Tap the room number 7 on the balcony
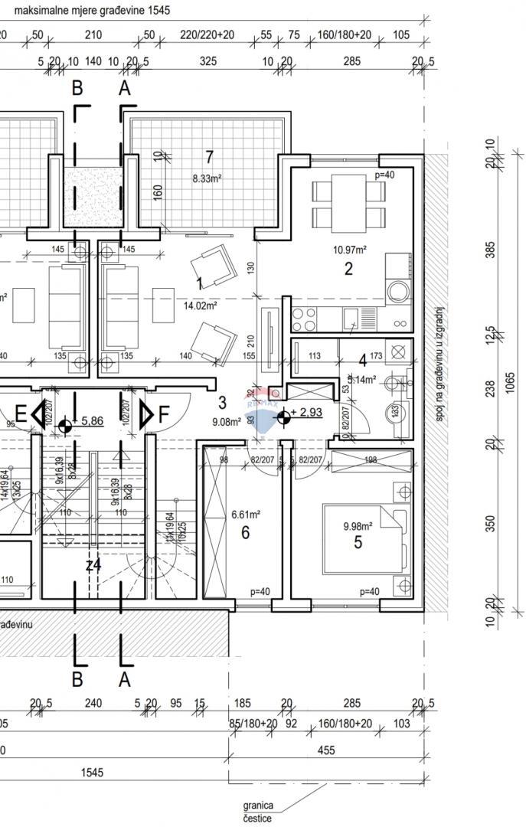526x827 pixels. [x=209, y=158]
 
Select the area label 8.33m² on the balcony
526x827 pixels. [x=207, y=178]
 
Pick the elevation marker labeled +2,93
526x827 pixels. [x=284, y=417]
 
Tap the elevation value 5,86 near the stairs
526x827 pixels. [x=92, y=420]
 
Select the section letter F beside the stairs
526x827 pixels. [x=164, y=414]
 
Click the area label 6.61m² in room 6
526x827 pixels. [x=245, y=515]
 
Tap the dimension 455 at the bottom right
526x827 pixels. [x=327, y=751]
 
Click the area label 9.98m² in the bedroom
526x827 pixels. [x=358, y=526]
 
